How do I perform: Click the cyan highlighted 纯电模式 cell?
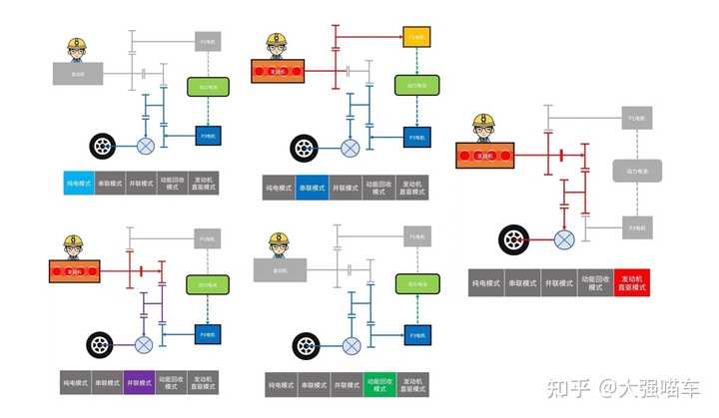click(x=78, y=184)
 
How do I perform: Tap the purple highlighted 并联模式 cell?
click(x=140, y=382)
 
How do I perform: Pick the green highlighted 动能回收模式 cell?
click(x=377, y=384)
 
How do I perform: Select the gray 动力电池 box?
click(x=632, y=171)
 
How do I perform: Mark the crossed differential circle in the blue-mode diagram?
click(x=349, y=149)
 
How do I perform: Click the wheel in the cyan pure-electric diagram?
click(x=103, y=147)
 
